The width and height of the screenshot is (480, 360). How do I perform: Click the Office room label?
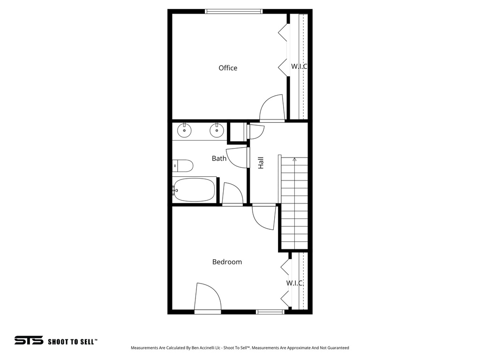(228, 68)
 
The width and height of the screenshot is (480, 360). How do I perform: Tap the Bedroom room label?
(227, 262)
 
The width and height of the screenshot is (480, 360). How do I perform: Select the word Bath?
(219, 158)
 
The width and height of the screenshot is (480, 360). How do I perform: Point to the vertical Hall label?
(261, 163)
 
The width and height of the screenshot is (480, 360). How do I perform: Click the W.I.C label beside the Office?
(299, 67)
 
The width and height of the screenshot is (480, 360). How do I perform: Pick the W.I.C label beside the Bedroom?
(295, 283)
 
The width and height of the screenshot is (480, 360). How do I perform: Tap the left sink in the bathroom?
(185, 131)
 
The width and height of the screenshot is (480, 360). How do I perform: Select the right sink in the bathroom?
(216, 131)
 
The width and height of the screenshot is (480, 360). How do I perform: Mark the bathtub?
(194, 190)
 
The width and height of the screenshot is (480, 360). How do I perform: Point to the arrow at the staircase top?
(294, 160)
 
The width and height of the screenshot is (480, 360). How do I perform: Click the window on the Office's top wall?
(233, 11)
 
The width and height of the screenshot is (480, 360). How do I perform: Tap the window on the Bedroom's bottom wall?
(270, 312)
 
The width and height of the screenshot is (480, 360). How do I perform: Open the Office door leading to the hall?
(272, 109)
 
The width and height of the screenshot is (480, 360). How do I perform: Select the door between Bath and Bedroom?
(232, 194)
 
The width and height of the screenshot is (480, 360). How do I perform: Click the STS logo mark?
(29, 340)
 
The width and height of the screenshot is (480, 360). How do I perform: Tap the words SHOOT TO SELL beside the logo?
(72, 342)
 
